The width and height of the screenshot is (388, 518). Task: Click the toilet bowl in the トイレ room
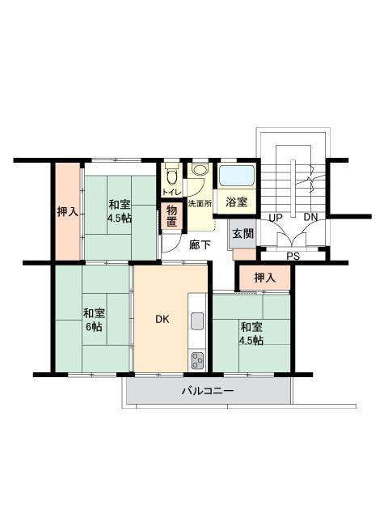(171, 176)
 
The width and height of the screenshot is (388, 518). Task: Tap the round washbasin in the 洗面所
(199, 169)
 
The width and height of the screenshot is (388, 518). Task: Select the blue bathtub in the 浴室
(237, 176)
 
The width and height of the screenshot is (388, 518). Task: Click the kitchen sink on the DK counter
(197, 321)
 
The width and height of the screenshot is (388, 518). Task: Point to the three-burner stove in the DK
(197, 360)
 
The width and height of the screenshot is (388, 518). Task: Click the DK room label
(162, 319)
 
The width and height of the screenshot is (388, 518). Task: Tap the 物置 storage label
(171, 216)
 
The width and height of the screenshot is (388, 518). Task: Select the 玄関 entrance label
(243, 234)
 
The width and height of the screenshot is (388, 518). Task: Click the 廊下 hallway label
(200, 244)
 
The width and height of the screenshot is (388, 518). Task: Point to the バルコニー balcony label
(208, 391)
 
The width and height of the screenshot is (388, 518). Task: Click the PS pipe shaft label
(293, 256)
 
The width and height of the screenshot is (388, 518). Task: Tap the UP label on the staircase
(276, 218)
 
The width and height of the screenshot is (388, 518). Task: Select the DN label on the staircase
(310, 217)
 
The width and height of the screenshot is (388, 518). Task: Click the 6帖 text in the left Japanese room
(94, 327)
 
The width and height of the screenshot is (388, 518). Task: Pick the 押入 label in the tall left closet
(68, 212)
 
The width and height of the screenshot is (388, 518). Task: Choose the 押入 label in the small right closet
(264, 278)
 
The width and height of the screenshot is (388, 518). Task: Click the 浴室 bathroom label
(237, 202)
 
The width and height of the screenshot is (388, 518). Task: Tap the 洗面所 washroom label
(200, 203)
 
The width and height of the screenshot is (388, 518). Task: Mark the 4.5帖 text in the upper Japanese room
(119, 219)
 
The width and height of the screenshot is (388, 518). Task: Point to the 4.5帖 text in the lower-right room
(251, 340)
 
